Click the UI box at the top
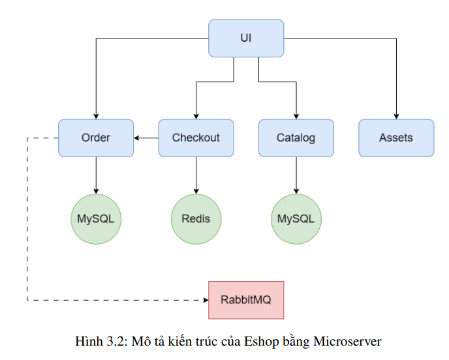[x=246, y=38]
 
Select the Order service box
[x=96, y=138]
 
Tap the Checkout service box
[x=196, y=138]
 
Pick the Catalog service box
[x=296, y=138]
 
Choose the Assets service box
[x=395, y=138]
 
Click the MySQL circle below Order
[x=96, y=218]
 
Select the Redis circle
[x=196, y=218]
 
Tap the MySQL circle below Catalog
[x=296, y=218]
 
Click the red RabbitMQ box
[x=246, y=300]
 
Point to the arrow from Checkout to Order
[x=146, y=138]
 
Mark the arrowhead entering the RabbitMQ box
[x=204, y=300]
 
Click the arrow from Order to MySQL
[x=96, y=174]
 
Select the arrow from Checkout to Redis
[x=196, y=174]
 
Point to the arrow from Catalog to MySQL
[x=296, y=174]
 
